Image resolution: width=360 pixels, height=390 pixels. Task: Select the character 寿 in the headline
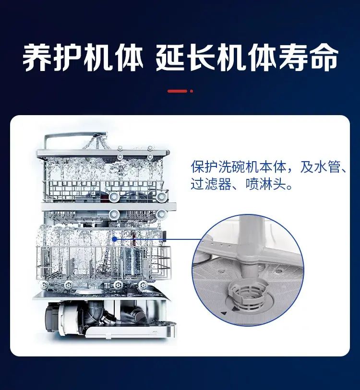[x=292, y=58]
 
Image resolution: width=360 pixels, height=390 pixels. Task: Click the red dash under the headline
[x=177, y=91]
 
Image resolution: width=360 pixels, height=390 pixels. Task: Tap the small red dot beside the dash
[x=192, y=91]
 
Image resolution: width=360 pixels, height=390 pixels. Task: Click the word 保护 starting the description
[x=204, y=166]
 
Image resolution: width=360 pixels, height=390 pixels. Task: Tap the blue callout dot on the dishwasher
[x=115, y=239]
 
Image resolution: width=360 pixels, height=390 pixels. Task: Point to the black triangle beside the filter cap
[x=235, y=309]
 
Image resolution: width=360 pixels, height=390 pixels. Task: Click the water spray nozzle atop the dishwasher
[x=99, y=136]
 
